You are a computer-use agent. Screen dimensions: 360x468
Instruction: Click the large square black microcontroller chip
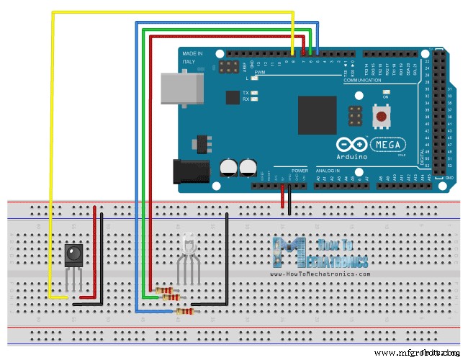[x=317, y=114]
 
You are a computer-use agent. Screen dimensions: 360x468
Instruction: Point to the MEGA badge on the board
[x=390, y=143]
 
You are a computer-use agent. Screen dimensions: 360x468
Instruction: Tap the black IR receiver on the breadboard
[x=73, y=253]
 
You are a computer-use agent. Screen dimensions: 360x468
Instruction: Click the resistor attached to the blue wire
[x=185, y=311]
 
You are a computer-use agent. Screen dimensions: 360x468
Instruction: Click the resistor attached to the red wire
[x=171, y=296]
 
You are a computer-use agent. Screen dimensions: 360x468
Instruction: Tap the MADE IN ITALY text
[x=192, y=58]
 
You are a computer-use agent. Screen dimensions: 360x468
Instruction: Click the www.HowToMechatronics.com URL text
[x=320, y=274]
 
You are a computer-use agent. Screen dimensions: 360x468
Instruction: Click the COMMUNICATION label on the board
[x=362, y=81]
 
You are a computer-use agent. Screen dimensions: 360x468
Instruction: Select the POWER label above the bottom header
[x=300, y=171]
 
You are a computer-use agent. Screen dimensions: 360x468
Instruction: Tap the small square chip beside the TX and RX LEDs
[x=233, y=97]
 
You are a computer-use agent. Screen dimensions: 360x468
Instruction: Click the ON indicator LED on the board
[x=387, y=93]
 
